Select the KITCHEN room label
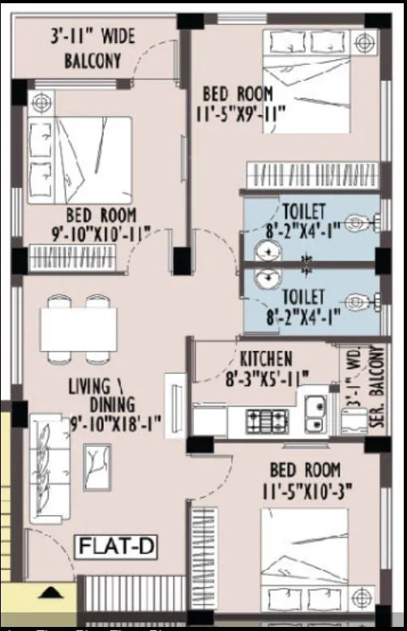(x=266, y=358)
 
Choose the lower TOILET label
(x=303, y=296)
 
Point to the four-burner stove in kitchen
(x=268, y=420)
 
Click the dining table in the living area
(x=79, y=328)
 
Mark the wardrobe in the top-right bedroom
(x=308, y=174)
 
